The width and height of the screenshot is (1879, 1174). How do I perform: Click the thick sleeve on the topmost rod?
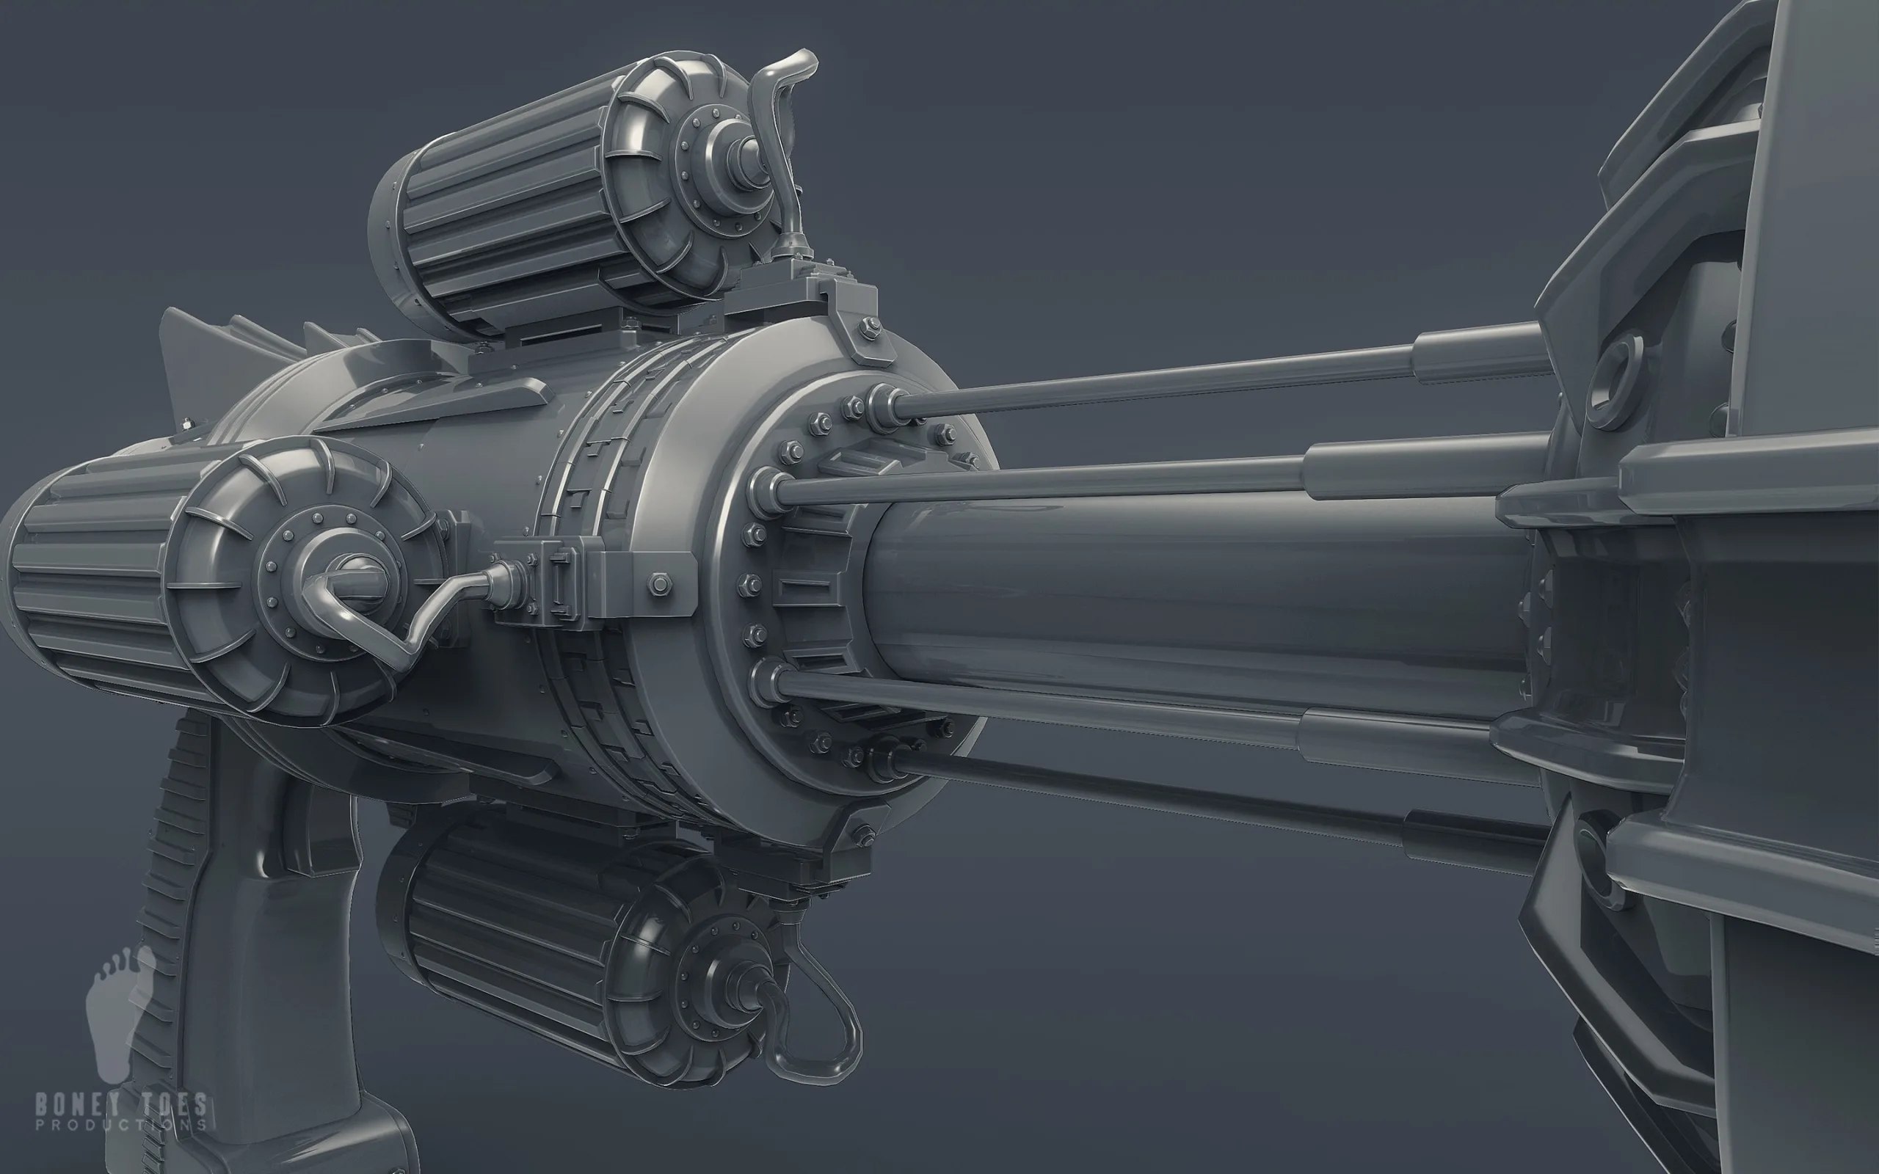[x=1475, y=353]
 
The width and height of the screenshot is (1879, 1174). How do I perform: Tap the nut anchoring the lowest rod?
[x=885, y=757]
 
